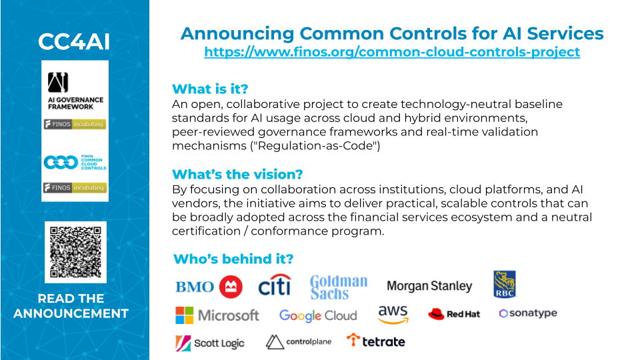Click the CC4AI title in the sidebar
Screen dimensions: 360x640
click(x=74, y=41)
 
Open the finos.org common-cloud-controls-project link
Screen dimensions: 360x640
click(x=392, y=52)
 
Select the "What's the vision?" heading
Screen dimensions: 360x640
click(x=237, y=174)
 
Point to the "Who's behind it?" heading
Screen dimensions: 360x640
click(x=233, y=259)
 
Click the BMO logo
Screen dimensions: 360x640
click(x=209, y=287)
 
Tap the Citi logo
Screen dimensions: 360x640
click(x=275, y=286)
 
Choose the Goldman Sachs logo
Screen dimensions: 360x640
click(x=339, y=287)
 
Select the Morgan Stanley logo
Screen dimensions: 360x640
click(x=429, y=286)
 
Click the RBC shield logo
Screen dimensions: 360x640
click(x=505, y=284)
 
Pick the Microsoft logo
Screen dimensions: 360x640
click(x=217, y=315)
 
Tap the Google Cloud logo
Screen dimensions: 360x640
click(x=318, y=315)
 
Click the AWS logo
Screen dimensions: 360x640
click(x=393, y=314)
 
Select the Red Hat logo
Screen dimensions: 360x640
click(x=454, y=314)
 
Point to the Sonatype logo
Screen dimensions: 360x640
click(x=527, y=313)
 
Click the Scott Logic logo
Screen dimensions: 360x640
click(x=210, y=343)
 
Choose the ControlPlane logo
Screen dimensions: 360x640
click(x=298, y=342)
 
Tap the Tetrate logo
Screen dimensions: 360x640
click(x=376, y=341)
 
